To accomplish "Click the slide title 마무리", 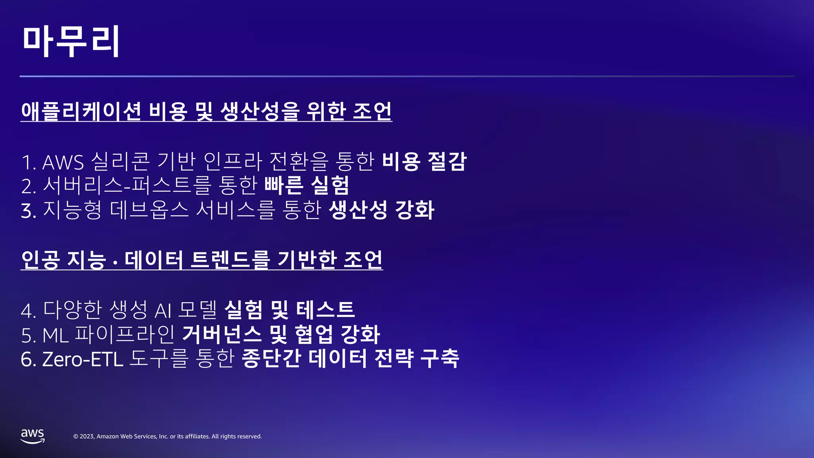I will pos(71,41).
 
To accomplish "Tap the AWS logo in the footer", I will pos(33,436).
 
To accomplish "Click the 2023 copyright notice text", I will pos(167,437).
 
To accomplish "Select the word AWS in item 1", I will pos(63,162).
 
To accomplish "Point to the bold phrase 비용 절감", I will pos(424,161).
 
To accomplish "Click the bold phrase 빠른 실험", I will pos(306,185).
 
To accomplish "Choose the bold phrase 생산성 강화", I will pos(382,210).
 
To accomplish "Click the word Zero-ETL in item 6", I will pos(82,359).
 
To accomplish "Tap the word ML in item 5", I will pos(56,335).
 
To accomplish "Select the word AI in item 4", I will pos(163,311).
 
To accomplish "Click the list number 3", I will pos(28,211).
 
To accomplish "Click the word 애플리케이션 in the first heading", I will pos(81,111).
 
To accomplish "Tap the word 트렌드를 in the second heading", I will pos(230,260).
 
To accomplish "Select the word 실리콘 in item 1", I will pos(121,161).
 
